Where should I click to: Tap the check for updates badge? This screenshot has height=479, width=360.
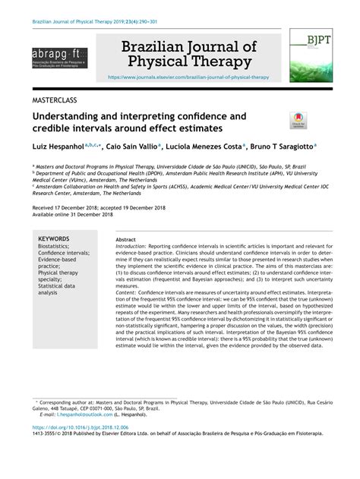(296, 118)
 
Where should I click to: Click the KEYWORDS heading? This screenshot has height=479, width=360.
(55, 238)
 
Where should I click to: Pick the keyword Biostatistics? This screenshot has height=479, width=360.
(55, 246)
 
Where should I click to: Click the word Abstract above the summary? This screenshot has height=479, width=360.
(125, 238)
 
